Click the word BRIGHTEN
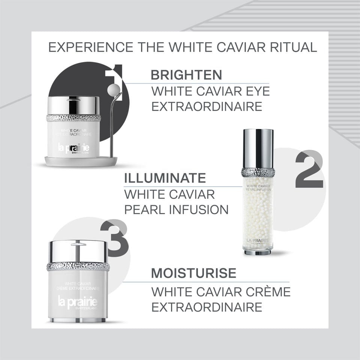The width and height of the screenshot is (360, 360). pos(186,75)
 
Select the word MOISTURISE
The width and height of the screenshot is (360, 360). pos(193,273)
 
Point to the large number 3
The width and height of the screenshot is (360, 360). pos(114,238)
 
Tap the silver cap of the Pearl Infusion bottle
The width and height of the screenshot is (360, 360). pos(258,148)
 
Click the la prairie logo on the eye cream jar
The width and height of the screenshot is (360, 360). pos(73,147)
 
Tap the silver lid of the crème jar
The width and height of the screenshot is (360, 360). pos(78,251)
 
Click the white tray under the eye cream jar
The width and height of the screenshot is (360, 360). pos(81,162)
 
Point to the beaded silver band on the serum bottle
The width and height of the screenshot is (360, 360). pos(258,172)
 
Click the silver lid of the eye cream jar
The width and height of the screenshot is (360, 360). pos(73,105)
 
